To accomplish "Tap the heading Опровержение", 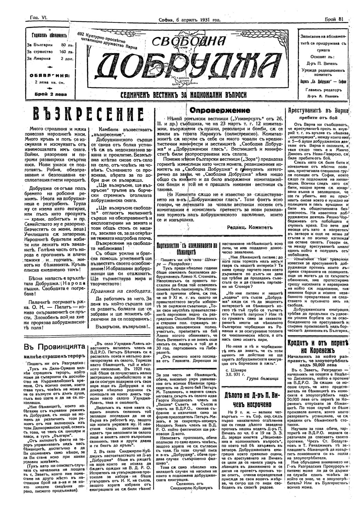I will click(x=220, y=111).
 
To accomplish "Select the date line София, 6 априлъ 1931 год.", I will click(x=190, y=20).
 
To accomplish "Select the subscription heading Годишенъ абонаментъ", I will click(x=49, y=36).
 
